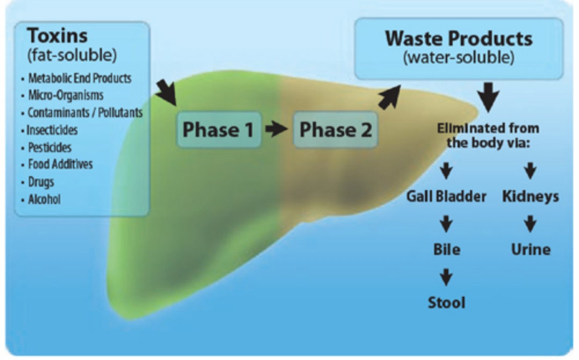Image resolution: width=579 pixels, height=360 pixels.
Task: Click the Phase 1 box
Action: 219,130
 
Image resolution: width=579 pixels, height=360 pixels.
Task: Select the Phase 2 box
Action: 336,130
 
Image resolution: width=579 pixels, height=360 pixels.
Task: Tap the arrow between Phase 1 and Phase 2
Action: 277,129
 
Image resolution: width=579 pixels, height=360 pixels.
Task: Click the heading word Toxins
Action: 57,36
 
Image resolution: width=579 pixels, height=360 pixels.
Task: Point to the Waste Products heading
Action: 458,39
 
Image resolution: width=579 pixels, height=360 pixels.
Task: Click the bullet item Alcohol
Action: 44,200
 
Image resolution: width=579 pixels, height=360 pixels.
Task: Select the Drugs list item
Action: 41,182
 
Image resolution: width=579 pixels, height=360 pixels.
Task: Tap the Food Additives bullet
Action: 60,164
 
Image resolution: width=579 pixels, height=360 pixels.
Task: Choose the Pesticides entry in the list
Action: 50,148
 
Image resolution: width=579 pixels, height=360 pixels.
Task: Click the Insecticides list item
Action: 52,130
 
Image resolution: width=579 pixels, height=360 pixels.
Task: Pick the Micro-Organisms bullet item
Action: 66,95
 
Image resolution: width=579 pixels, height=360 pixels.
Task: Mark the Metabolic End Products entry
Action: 80,78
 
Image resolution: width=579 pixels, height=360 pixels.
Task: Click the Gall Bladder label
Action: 447,197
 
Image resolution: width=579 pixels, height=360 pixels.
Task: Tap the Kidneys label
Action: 530,197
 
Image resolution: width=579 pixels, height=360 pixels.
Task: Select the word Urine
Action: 531,250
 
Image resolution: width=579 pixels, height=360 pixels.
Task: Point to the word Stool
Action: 447,303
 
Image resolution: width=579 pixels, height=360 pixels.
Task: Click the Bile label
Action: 447,250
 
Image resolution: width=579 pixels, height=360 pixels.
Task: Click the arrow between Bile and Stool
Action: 447,277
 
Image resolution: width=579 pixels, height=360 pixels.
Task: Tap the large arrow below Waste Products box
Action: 488,97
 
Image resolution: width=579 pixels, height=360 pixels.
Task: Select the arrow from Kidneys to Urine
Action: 530,224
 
